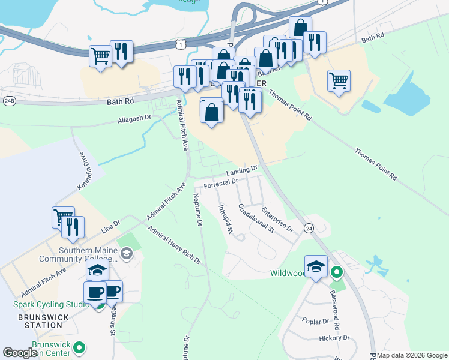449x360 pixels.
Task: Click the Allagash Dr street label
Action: (x=134, y=119)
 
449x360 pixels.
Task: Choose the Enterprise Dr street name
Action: (x=277, y=220)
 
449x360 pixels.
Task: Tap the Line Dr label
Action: (x=111, y=226)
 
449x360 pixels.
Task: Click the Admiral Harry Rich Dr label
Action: (x=173, y=245)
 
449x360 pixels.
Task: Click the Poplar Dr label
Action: (x=316, y=321)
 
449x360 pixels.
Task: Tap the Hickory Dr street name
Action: (x=334, y=338)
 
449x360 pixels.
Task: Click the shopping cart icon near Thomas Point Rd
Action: (x=339, y=80)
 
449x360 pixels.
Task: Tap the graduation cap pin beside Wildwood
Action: (x=316, y=266)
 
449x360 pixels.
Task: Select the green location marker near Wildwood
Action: (x=337, y=273)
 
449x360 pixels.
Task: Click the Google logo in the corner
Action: (x=20, y=353)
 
